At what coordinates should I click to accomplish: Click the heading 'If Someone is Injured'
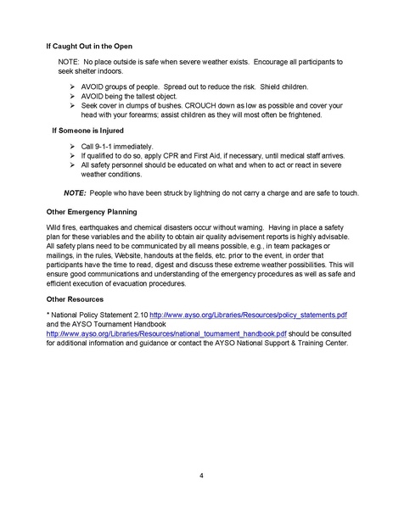click(88, 132)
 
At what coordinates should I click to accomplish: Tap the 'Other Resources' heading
click(76, 299)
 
